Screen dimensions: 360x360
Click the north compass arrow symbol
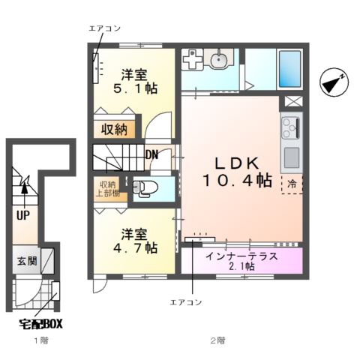coord(332,82)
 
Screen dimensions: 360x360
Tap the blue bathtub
coord(289,70)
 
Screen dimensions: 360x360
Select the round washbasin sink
coord(220,61)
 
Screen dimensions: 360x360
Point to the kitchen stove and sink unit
coord(290,142)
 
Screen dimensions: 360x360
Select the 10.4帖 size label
coord(235,181)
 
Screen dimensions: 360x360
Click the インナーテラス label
coord(241,256)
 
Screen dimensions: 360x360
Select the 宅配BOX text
coord(40,325)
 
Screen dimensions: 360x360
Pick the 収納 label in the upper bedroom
coord(115,129)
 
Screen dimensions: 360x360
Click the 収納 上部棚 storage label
coord(106,187)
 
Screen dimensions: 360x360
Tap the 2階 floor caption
coord(217,340)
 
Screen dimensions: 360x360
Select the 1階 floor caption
coord(40,340)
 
